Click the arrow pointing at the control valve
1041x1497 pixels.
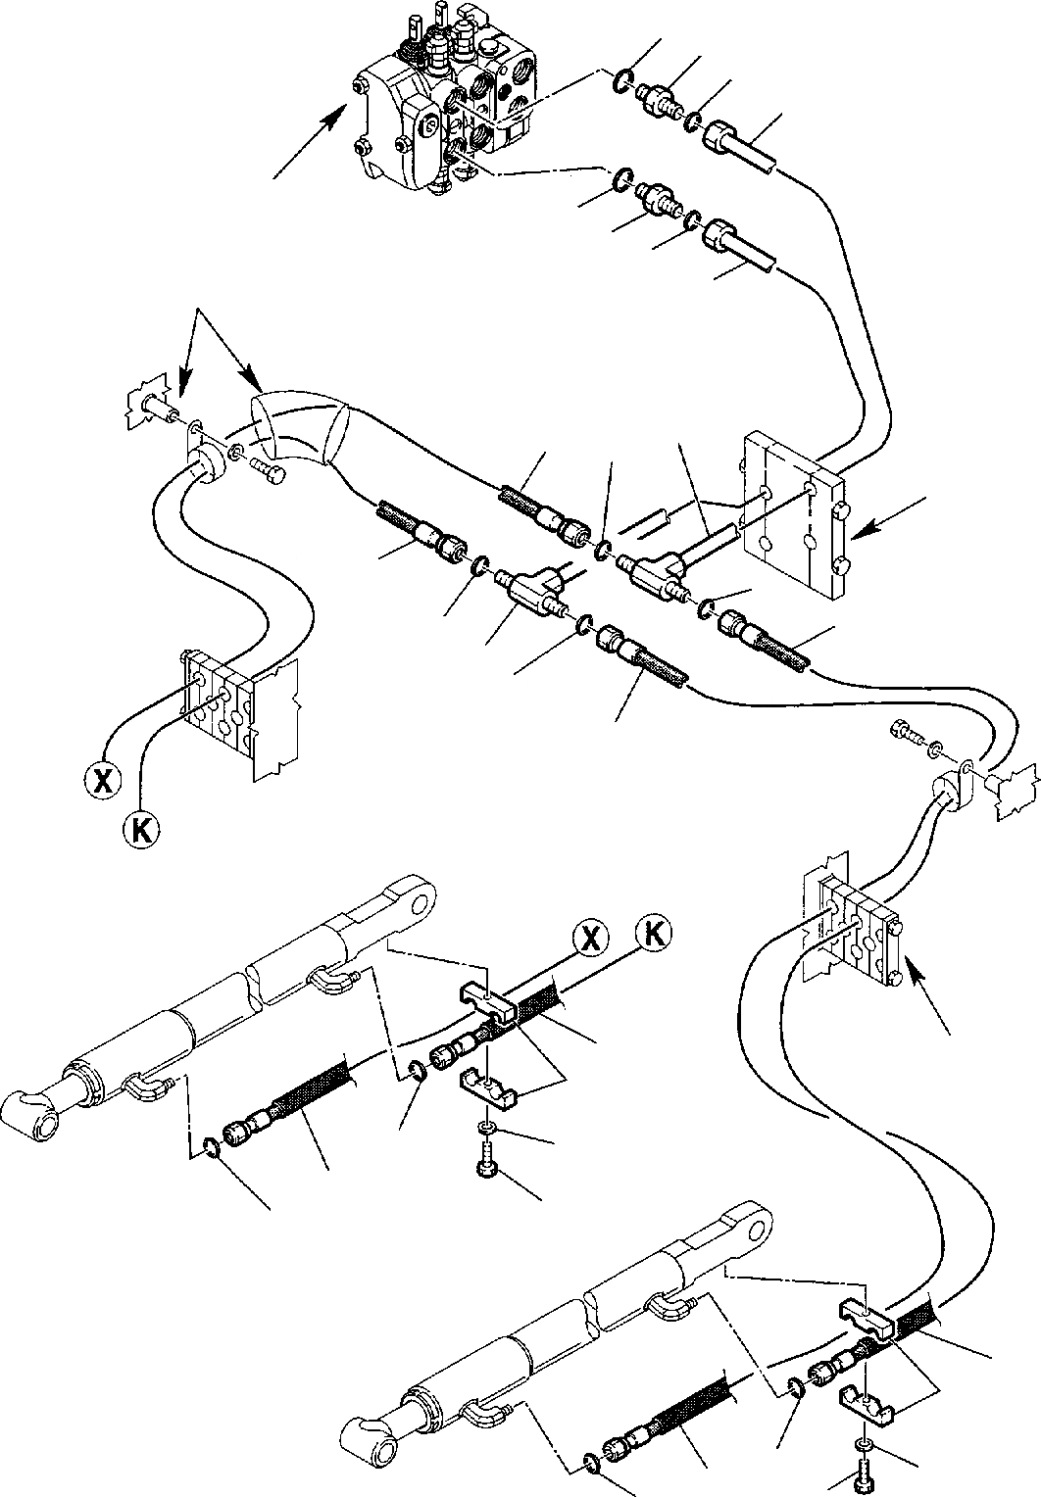(311, 142)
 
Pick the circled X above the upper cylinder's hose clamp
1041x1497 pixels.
(589, 937)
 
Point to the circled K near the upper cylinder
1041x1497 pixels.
(653, 933)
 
